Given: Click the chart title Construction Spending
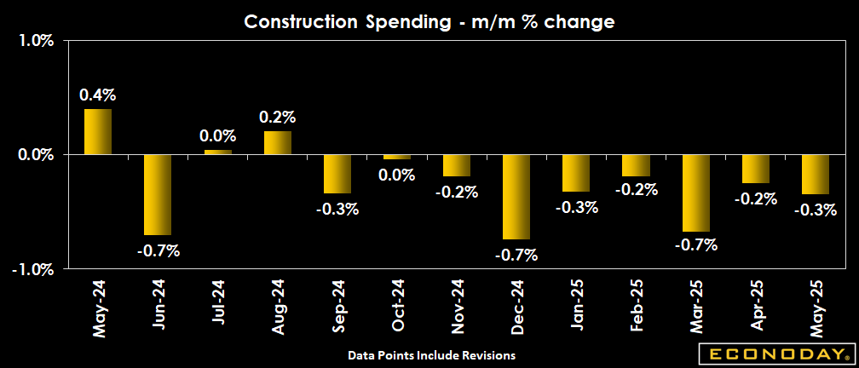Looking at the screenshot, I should tap(429, 22).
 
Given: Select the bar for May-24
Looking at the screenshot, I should tap(98, 131).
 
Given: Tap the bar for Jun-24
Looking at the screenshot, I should tap(158, 194).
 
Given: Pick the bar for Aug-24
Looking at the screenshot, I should tap(278, 142).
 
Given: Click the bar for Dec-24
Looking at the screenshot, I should tap(516, 197).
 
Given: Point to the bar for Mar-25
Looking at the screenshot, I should tap(696, 193).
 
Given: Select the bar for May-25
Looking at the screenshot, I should tap(816, 174).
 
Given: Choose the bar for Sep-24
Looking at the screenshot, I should tap(337, 174).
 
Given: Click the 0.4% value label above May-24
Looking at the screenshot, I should tap(98, 95).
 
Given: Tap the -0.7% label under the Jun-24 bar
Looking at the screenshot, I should tap(158, 250).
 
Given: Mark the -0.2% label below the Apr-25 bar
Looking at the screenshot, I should tap(756, 198).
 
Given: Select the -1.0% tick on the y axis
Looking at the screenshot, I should tap(35, 269).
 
